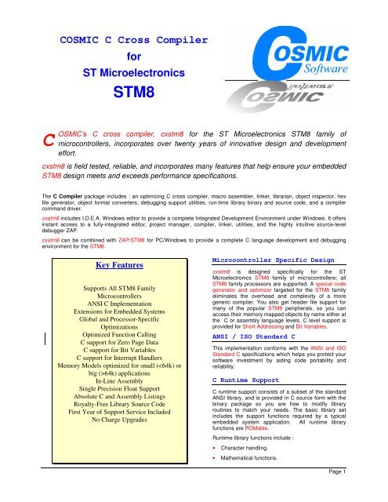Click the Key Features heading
click(116, 265)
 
